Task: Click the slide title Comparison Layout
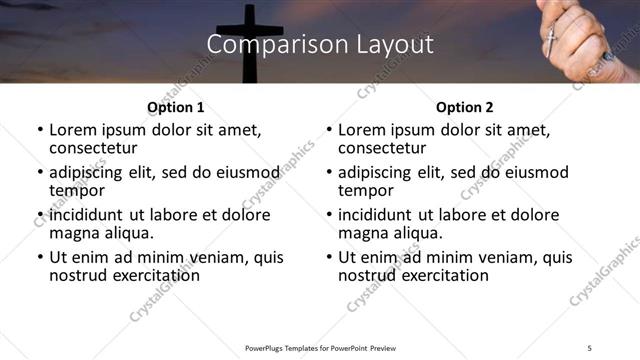320,45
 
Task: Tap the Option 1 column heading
175,107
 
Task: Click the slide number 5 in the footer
590,347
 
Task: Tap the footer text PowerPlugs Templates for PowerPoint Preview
320,347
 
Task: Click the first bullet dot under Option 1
40,131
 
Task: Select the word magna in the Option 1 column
74,233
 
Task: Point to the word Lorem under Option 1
72,130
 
